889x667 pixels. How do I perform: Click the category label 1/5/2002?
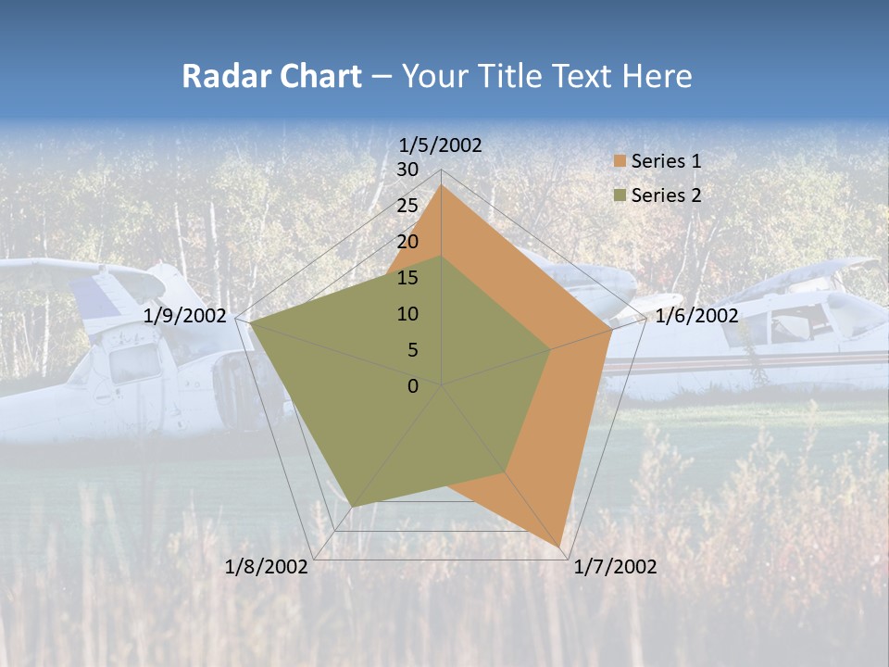point(440,145)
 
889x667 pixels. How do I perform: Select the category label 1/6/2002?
point(696,316)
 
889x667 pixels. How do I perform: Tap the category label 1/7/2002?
point(615,567)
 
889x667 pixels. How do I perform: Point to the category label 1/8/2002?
point(267,567)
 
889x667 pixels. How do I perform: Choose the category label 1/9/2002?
point(185,316)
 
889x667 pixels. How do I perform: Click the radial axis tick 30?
point(407,170)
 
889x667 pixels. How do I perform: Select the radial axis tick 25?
point(407,206)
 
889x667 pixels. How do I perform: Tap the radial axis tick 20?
point(407,242)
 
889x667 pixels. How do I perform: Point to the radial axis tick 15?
point(407,278)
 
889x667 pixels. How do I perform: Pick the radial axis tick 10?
point(407,314)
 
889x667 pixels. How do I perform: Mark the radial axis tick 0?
point(413,386)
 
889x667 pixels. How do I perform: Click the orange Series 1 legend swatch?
point(620,162)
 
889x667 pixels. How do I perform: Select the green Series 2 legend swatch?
point(620,195)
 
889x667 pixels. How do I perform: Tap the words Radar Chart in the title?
point(271,76)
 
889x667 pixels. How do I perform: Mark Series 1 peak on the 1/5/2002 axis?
point(441,186)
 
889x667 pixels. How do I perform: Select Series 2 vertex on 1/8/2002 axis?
point(353,506)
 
